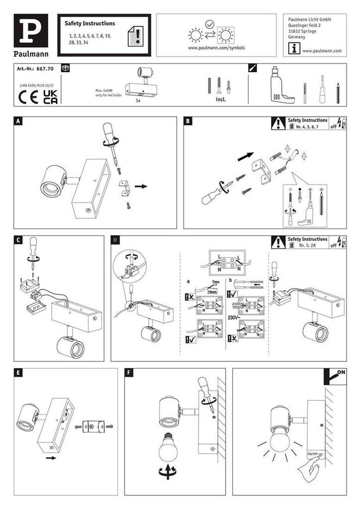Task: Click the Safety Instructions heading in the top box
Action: coord(90,23)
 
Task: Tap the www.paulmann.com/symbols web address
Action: coord(216,48)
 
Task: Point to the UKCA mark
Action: coord(50,95)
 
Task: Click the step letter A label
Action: coord(18,121)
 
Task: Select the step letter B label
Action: coord(188,121)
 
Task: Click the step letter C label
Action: coord(18,240)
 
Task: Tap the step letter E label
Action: coord(18,372)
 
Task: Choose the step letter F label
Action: coord(129,372)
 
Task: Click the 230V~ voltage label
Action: coord(235,317)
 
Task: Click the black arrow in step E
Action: coord(50,459)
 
